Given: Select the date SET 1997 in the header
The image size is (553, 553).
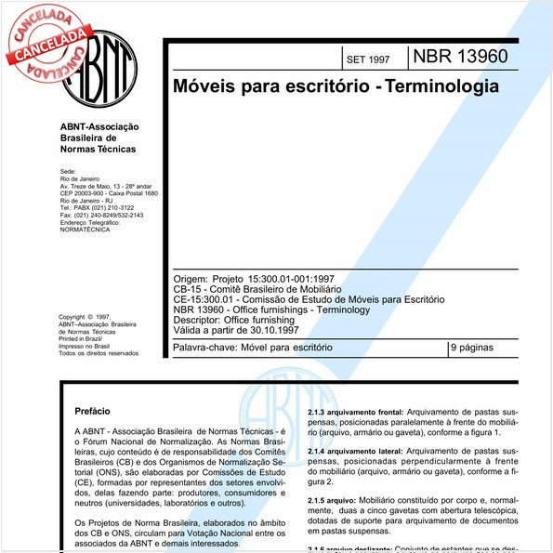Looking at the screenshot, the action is click(x=367, y=59).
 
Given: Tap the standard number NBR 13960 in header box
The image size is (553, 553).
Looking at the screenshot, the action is click(x=460, y=56).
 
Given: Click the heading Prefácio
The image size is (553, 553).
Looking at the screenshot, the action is click(x=92, y=410).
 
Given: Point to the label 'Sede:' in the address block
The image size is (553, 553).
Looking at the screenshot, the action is click(x=67, y=172).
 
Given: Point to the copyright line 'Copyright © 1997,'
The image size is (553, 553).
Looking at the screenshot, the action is click(x=85, y=317).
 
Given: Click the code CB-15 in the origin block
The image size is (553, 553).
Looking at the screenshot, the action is click(x=188, y=290).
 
